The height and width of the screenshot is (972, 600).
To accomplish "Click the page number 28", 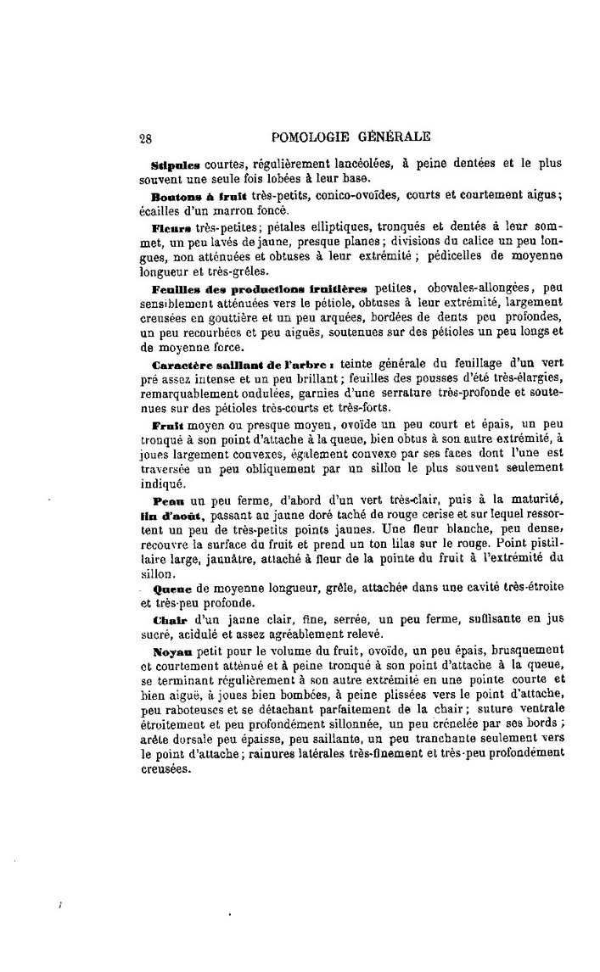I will tap(144, 137).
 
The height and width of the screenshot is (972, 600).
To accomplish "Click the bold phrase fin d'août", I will tap(165, 517).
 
